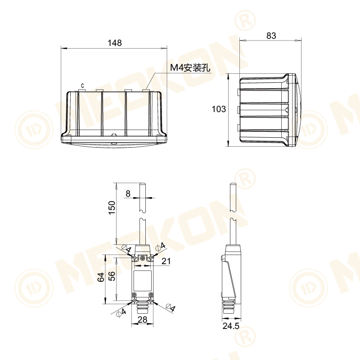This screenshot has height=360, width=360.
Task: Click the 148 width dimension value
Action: pyautogui.click(x=115, y=43)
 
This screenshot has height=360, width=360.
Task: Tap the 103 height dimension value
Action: pyautogui.click(x=219, y=109)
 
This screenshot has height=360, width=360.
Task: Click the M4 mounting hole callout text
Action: pyautogui.click(x=190, y=68)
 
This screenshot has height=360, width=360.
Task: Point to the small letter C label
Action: pyautogui.click(x=82, y=85)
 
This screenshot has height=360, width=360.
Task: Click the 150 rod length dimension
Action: pyautogui.click(x=112, y=208)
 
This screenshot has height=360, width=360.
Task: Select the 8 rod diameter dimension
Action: pyautogui.click(x=128, y=193)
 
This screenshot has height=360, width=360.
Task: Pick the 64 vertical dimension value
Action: pyautogui.click(x=101, y=278)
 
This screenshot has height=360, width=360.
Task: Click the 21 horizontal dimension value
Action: pyautogui.click(x=166, y=261)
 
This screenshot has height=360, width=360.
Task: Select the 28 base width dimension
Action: pyautogui.click(x=142, y=319)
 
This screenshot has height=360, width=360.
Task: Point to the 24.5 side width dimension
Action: pyautogui.click(x=230, y=326)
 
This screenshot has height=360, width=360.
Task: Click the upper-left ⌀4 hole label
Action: pyautogui.click(x=126, y=249)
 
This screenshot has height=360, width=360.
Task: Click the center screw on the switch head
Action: pyautogui.click(x=143, y=258)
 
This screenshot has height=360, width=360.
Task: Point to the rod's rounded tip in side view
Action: pyautogui.click(x=233, y=184)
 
